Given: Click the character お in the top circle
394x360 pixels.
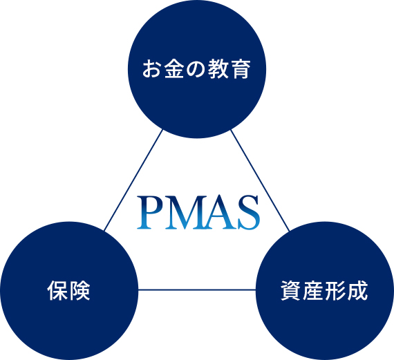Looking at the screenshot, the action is click(x=153, y=69).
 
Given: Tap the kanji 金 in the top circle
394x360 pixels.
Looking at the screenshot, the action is click(x=175, y=69).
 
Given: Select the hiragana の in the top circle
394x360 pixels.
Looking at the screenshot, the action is click(x=196, y=69).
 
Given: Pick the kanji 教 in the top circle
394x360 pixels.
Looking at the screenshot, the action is click(x=218, y=69).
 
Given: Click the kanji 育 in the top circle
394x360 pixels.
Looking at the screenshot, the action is click(x=240, y=69).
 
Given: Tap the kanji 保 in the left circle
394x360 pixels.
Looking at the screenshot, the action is click(x=57, y=291).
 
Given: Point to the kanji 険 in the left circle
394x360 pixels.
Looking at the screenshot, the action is click(x=79, y=291).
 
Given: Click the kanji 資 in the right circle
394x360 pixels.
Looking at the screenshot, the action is click(x=291, y=291).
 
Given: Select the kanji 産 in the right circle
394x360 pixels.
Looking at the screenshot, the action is click(x=313, y=291).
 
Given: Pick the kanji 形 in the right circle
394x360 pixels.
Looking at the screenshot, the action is click(x=335, y=291).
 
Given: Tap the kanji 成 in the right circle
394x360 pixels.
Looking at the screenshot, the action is click(x=357, y=291).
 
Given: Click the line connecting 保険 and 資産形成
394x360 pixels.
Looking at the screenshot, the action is click(x=197, y=290).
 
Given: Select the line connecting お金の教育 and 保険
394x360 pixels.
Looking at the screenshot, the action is click(x=133, y=180).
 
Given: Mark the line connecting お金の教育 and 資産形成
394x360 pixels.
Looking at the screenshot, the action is click(x=261, y=180).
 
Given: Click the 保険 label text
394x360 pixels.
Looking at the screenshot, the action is click(x=68, y=291).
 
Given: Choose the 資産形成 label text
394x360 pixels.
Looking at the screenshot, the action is click(x=324, y=291).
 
